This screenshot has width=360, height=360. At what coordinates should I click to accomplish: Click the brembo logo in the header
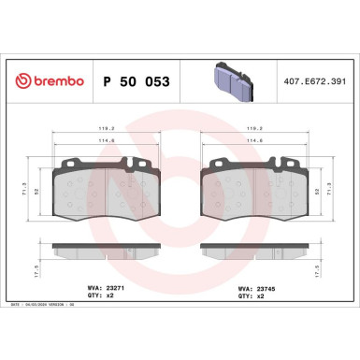[x=46, y=82]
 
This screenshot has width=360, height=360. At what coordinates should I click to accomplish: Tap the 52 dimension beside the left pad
[x=39, y=191]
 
